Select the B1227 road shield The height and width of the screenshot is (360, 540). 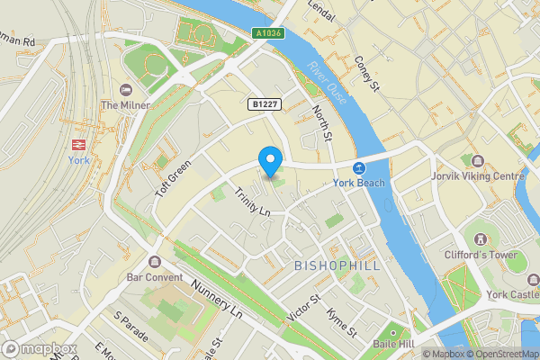264,105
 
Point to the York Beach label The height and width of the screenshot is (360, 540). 358,184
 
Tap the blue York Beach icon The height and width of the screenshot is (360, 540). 359,168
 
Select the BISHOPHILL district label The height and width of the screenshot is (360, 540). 337,266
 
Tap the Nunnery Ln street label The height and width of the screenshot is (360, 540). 218,300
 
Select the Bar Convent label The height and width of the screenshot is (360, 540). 155,277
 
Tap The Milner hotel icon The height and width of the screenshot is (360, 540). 124,89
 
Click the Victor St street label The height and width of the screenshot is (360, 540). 303,309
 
